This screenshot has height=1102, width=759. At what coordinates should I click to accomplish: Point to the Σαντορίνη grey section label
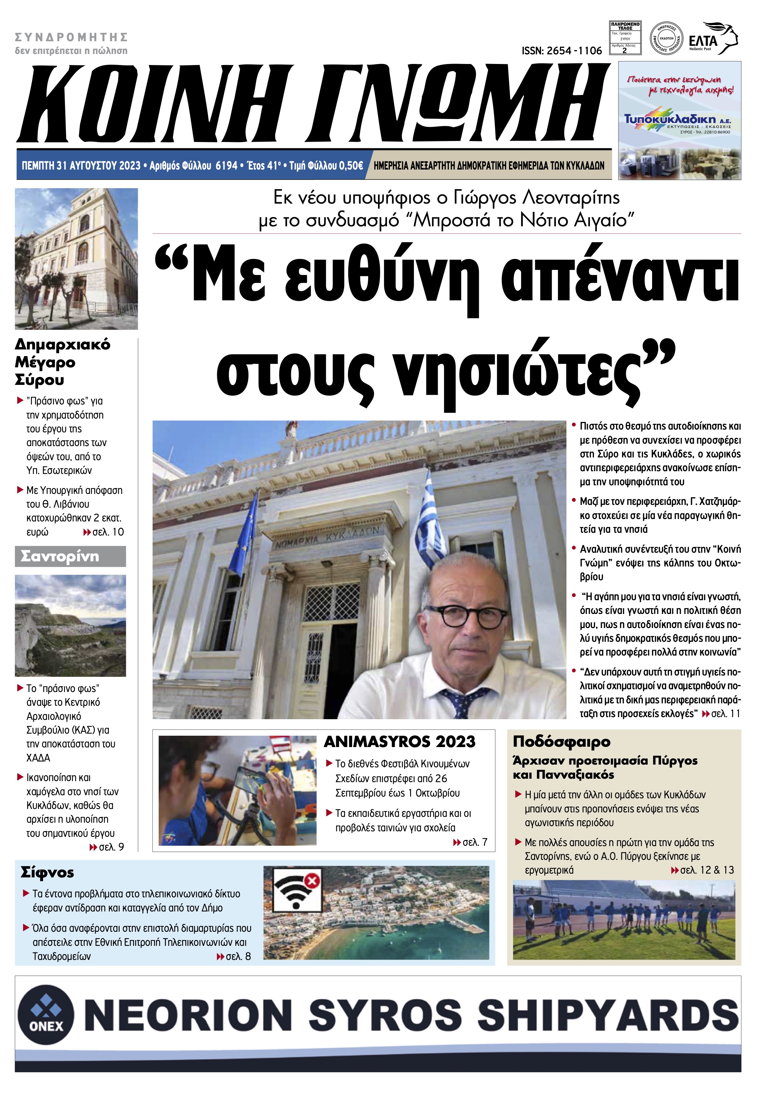[70, 556]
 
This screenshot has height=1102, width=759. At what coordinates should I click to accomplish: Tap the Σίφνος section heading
[47, 872]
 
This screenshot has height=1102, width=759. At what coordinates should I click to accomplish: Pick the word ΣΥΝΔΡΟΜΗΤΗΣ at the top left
[71, 37]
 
